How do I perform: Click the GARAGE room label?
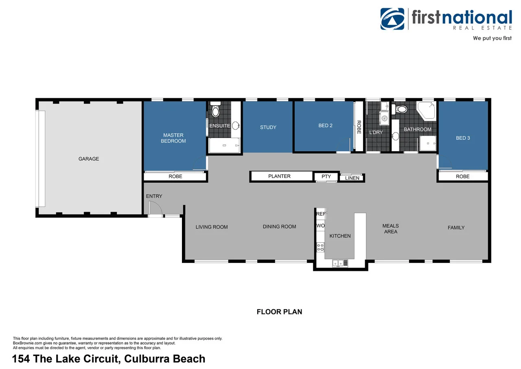coord(89,159)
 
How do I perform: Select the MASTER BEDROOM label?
coord(173,138)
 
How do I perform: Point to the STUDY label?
coord(268,127)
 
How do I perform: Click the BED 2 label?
coord(325,126)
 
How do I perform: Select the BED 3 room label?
coord(463,138)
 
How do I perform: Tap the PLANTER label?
coord(279,176)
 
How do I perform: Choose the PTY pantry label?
coord(326,177)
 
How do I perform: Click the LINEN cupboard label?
coord(352,178)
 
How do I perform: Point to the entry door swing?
coord(155,209)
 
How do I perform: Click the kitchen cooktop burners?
coord(320,247)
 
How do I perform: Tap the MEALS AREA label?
coord(390,229)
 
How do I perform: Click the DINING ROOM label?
coord(279,226)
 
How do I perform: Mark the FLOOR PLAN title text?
coord(279,312)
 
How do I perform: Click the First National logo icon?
coord(392,19)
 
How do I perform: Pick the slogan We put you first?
coord(492,38)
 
